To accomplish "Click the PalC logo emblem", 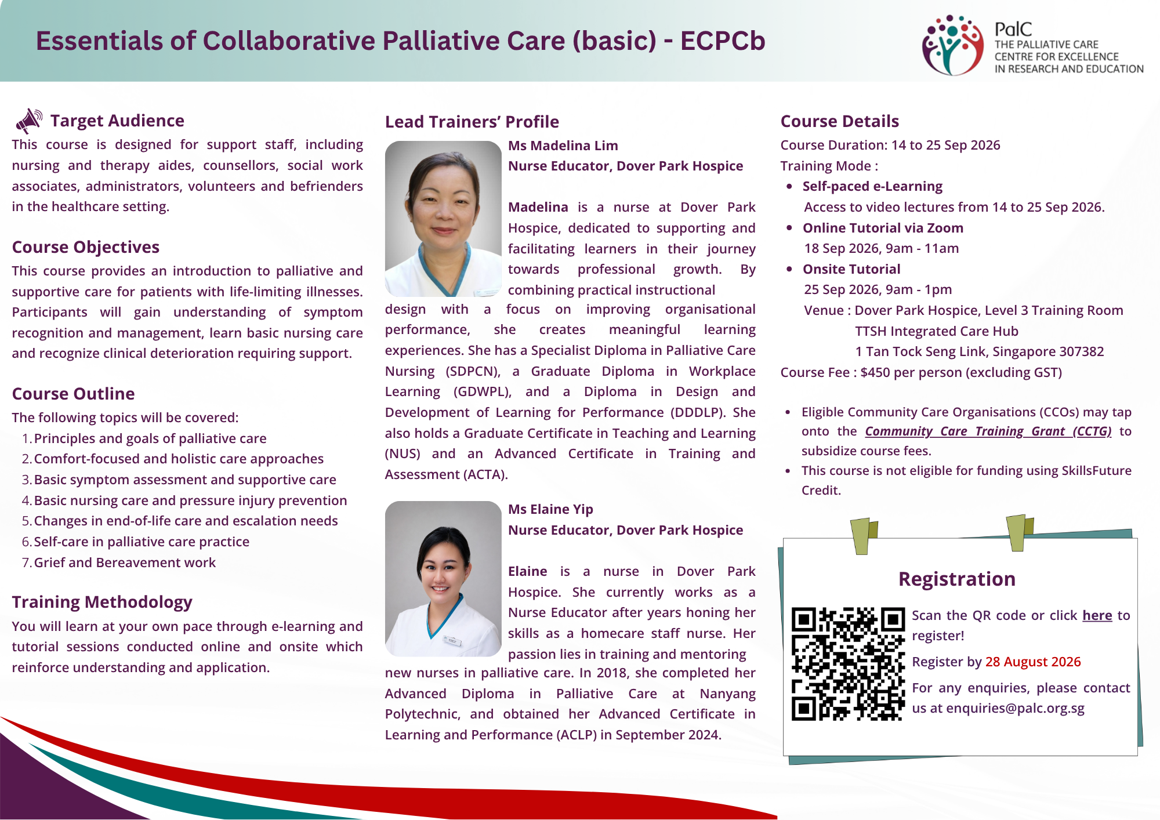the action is pyautogui.click(x=953, y=45).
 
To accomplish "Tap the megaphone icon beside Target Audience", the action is pyautogui.click(x=30, y=121).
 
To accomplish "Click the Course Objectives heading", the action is pyautogui.click(x=86, y=247).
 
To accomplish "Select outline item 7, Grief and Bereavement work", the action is pyautogui.click(x=125, y=563).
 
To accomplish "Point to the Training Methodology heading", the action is pyautogui.click(x=102, y=602).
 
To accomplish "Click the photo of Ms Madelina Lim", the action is pyautogui.click(x=443, y=219).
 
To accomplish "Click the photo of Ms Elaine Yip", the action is pyautogui.click(x=443, y=579).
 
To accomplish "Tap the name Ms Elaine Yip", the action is pyautogui.click(x=550, y=509).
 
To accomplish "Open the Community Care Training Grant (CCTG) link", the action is pyautogui.click(x=988, y=431).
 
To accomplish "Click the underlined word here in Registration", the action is pyautogui.click(x=1097, y=615).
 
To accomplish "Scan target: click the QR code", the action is pyautogui.click(x=848, y=664).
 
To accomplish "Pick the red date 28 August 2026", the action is pyautogui.click(x=1033, y=662).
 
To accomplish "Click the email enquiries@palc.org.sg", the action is pyautogui.click(x=1015, y=708).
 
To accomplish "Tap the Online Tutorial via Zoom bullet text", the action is pyautogui.click(x=883, y=228).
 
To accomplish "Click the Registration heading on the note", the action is pyautogui.click(x=957, y=579).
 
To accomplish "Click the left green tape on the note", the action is pyautogui.click(x=863, y=536).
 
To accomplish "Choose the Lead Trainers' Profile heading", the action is pyautogui.click(x=472, y=122).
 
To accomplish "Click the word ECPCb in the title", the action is pyautogui.click(x=723, y=41).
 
